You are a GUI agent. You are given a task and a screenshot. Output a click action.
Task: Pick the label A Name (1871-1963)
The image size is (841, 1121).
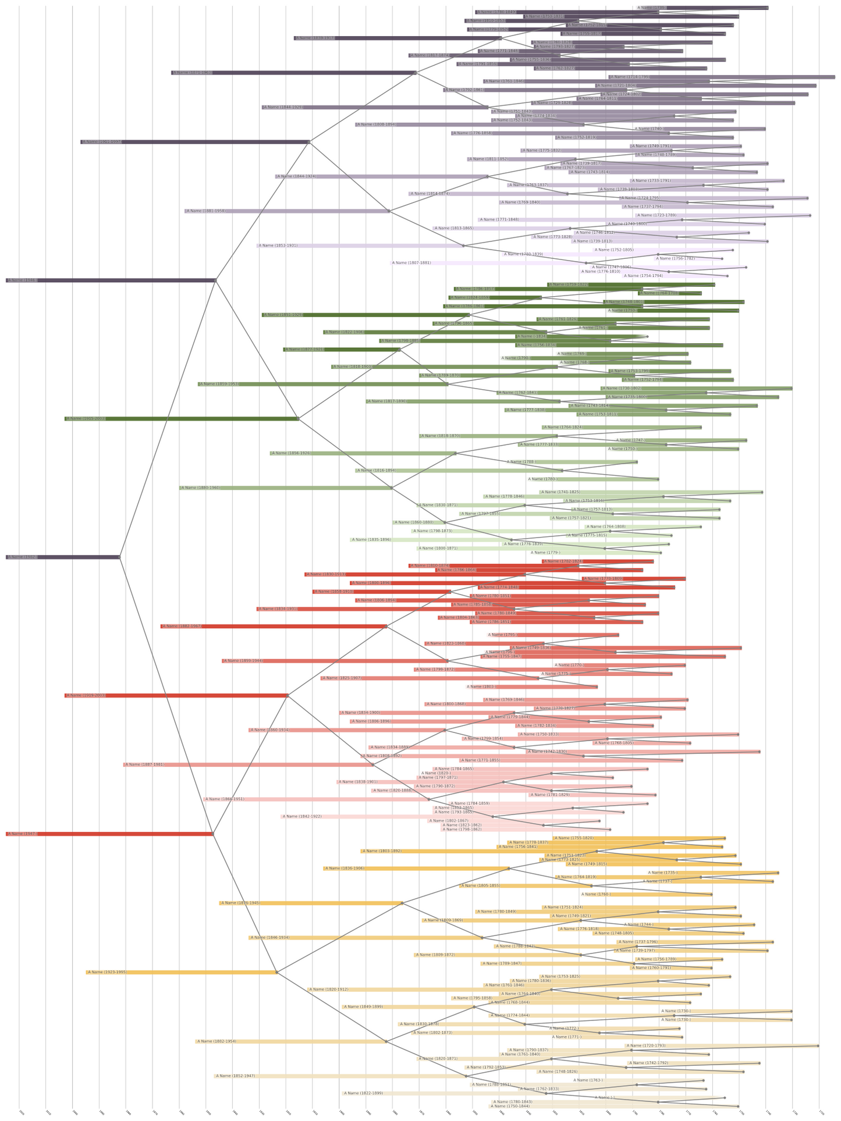point(193,73)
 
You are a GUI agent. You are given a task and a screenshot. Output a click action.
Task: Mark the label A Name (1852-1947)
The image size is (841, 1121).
point(235,1076)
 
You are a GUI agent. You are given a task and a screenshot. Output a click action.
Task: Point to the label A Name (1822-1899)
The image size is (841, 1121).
point(364,1093)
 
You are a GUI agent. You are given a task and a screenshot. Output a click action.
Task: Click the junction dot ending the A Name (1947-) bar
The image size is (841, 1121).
point(213,834)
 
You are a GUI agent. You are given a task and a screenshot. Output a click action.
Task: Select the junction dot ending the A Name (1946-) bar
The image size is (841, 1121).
point(216,280)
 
